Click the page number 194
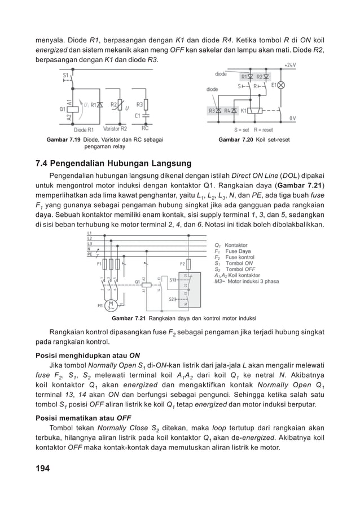pos(42,468)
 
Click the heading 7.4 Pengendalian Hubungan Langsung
pos(113,164)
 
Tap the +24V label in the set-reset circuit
pos(291,65)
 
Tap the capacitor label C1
pos(138,116)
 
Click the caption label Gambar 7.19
pos(62,139)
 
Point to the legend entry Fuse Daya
pos(238,251)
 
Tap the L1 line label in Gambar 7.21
pos(90,233)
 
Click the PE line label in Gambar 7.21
pos(90,254)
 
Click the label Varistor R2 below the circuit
pos(115,129)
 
